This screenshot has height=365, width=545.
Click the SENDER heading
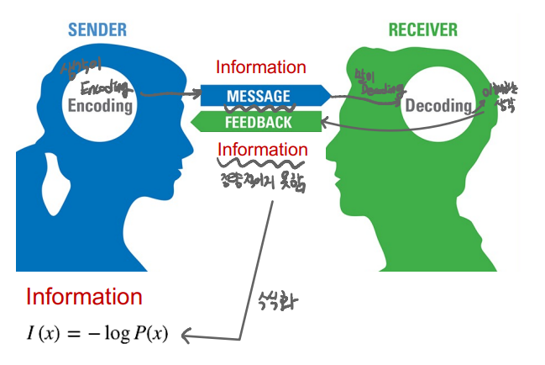97,30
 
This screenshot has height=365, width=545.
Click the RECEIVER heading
422,30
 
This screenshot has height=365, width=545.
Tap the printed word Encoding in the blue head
100,107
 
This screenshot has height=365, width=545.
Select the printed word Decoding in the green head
438,107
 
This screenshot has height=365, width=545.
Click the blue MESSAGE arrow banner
259,96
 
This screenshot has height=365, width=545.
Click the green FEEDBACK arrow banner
258,123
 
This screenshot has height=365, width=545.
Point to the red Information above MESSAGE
261,67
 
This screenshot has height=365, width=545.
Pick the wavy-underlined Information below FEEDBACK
262,150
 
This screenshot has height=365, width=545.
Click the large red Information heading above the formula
84,296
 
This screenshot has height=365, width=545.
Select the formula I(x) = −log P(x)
97,334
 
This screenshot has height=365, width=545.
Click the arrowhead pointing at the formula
187,335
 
